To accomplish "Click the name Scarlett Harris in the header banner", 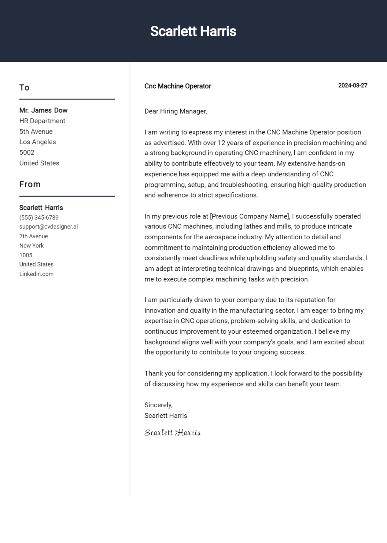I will [x=193, y=31].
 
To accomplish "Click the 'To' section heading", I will [x=24, y=88].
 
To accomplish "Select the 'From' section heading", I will [x=30, y=185].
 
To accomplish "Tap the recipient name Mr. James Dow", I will [x=43, y=110].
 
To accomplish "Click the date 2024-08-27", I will [x=352, y=86].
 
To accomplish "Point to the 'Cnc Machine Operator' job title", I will [x=177, y=86].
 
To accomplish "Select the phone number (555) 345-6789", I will [x=39, y=217].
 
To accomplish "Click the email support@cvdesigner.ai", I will [x=48, y=227].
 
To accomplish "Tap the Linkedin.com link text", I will [x=36, y=274].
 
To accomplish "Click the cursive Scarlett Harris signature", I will [x=172, y=433].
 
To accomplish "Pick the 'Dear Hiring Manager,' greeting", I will [x=176, y=111].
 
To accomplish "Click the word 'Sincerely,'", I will [x=158, y=405].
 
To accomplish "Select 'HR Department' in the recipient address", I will [x=42, y=121].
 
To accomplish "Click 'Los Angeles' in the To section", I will [x=37, y=142].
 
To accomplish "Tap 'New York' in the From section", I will [x=31, y=246].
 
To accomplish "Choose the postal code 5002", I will [x=27, y=152].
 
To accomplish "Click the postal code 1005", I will [x=26, y=255].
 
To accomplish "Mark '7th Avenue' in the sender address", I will [x=34, y=236].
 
